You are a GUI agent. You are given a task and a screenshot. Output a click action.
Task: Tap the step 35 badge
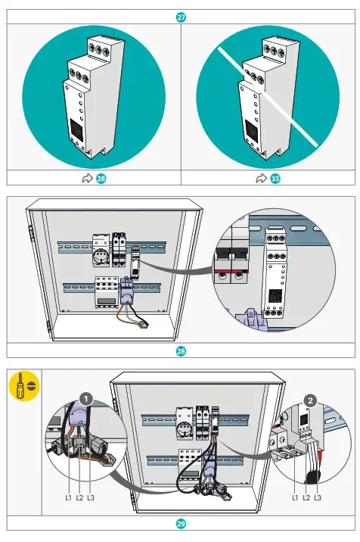click(x=275, y=178)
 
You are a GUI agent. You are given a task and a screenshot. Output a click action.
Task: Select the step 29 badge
click(x=180, y=523)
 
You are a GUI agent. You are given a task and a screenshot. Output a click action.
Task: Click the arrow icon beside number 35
click(x=261, y=178)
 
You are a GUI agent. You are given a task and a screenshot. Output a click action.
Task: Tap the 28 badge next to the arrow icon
click(x=100, y=178)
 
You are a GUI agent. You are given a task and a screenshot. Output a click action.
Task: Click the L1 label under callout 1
click(x=68, y=497)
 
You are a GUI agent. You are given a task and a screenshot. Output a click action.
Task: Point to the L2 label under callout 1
click(x=79, y=497)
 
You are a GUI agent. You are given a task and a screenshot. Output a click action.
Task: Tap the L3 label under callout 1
click(x=91, y=497)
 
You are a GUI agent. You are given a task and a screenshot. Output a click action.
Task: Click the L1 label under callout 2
click(x=294, y=497)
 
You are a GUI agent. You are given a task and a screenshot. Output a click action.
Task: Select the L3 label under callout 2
click(x=316, y=497)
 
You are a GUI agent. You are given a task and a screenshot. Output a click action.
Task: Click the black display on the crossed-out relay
click(x=250, y=130)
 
